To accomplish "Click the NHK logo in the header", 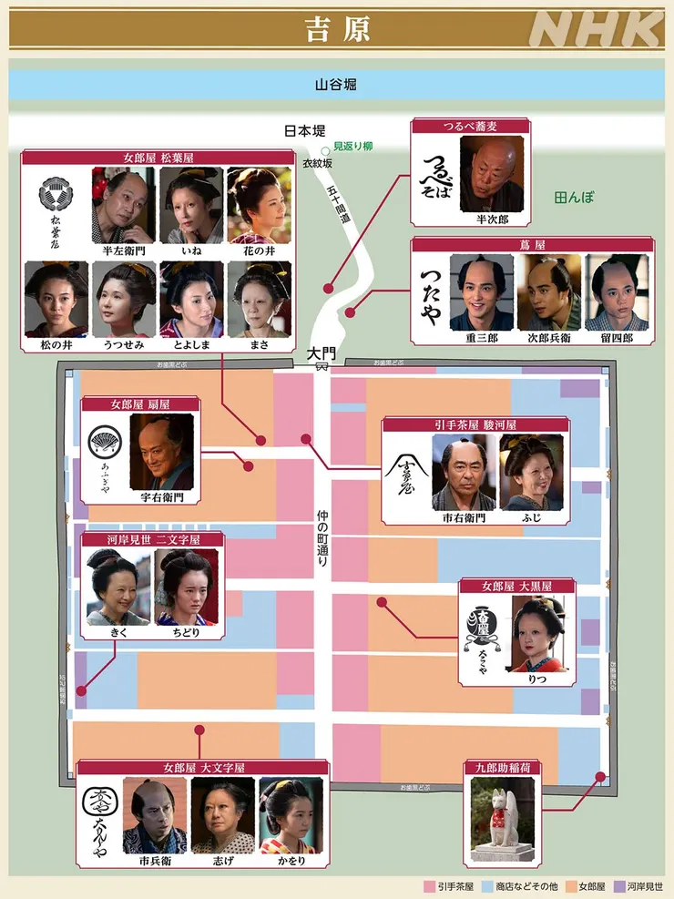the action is [597, 29].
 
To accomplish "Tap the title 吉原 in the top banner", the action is [336, 28].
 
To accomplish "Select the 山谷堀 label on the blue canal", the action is [336, 84].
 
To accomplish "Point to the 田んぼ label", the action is [574, 196].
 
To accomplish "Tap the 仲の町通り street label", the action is [322, 538].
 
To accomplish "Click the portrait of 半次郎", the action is [491, 174].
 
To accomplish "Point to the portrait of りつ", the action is [537, 634].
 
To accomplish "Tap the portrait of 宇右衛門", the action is [161, 452].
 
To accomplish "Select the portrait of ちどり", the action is [186, 586].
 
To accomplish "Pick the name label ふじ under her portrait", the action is [531, 517].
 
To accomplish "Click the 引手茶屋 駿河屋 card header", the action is [475, 424].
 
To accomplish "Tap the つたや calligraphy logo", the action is [433, 291].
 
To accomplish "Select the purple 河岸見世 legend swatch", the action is [618, 884].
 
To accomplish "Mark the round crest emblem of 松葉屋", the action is [54, 193].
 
